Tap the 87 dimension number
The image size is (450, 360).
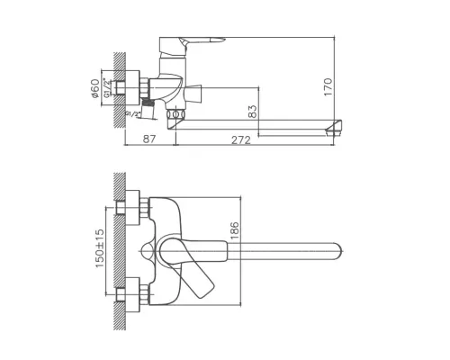coord(150,140)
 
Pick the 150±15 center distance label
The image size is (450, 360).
coord(102,248)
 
